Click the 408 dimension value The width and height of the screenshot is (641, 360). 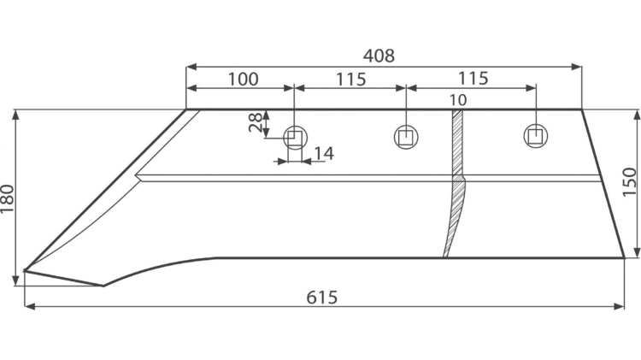pyautogui.click(x=379, y=56)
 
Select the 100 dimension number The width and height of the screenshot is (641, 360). pyautogui.click(x=243, y=79)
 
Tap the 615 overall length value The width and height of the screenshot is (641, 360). pyautogui.click(x=322, y=298)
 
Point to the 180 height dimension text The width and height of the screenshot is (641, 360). pyautogui.click(x=8, y=199)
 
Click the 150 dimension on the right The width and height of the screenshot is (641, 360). pyautogui.click(x=630, y=182)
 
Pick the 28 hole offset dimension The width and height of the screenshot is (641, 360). pyautogui.click(x=256, y=122)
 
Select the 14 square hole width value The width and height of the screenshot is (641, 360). pyautogui.click(x=324, y=153)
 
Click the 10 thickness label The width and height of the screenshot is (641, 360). pyautogui.click(x=458, y=100)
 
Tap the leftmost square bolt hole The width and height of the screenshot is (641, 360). pyautogui.click(x=295, y=138)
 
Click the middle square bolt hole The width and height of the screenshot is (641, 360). pyautogui.click(x=406, y=137)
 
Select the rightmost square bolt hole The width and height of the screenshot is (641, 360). pyautogui.click(x=536, y=136)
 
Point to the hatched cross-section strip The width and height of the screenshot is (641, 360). pyautogui.click(x=455, y=183)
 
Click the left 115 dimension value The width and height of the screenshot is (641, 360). pyautogui.click(x=350, y=79)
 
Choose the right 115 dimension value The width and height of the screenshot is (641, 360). pyautogui.click(x=473, y=78)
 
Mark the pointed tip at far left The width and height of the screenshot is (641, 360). pyautogui.click(x=25, y=270)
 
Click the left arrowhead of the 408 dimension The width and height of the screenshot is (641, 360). pyautogui.click(x=191, y=67)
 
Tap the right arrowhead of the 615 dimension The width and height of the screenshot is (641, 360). pyautogui.click(x=620, y=306)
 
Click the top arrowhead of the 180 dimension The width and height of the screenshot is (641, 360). pyautogui.click(x=15, y=115)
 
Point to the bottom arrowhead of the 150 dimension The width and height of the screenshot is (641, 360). pyautogui.click(x=637, y=252)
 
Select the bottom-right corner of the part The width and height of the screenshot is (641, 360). pyautogui.click(x=625, y=257)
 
